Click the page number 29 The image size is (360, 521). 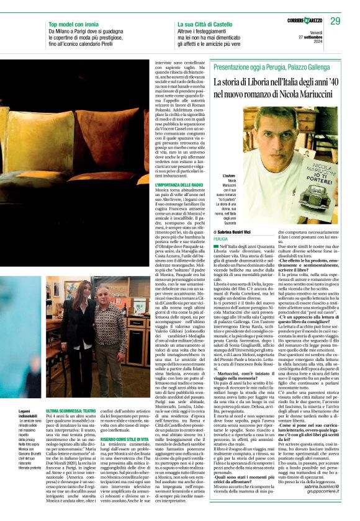coord(335,21)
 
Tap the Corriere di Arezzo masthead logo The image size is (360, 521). coord(305,21)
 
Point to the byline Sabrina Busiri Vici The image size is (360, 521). coord(241,231)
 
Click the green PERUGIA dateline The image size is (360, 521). coord(221,238)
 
